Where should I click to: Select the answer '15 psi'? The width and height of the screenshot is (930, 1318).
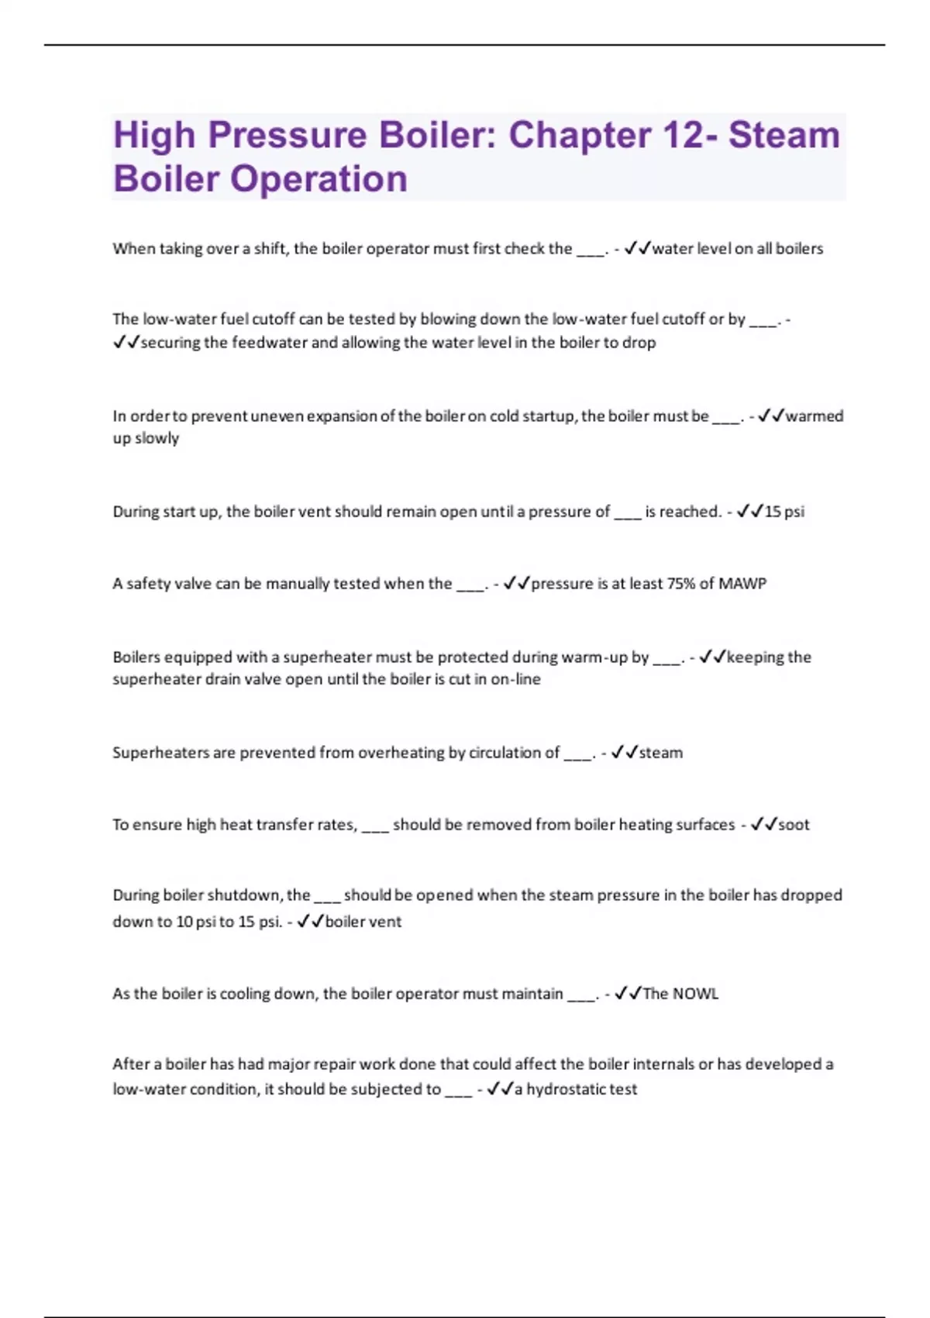pyautogui.click(x=784, y=512)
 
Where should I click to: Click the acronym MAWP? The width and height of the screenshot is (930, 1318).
pyautogui.click(x=742, y=584)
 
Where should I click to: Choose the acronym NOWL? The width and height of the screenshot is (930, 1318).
pyautogui.click(x=695, y=994)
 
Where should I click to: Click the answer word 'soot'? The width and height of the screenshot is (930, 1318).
pyautogui.click(x=794, y=825)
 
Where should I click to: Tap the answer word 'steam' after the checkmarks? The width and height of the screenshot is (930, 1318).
pyautogui.click(x=660, y=753)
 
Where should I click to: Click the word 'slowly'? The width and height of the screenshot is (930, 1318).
pyautogui.click(x=157, y=439)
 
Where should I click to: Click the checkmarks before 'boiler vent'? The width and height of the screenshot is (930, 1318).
pyautogui.click(x=310, y=922)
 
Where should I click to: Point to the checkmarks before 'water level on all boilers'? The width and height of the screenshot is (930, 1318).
pyautogui.click(x=637, y=249)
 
